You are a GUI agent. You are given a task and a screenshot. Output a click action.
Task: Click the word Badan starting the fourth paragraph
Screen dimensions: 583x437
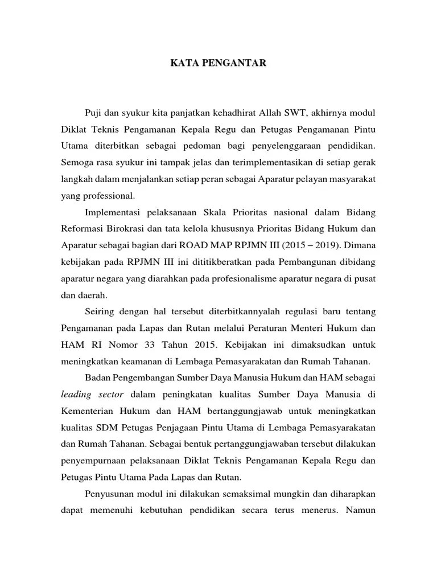[x=97, y=377]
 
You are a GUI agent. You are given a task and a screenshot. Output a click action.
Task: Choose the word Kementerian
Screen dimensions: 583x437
[x=89, y=410]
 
